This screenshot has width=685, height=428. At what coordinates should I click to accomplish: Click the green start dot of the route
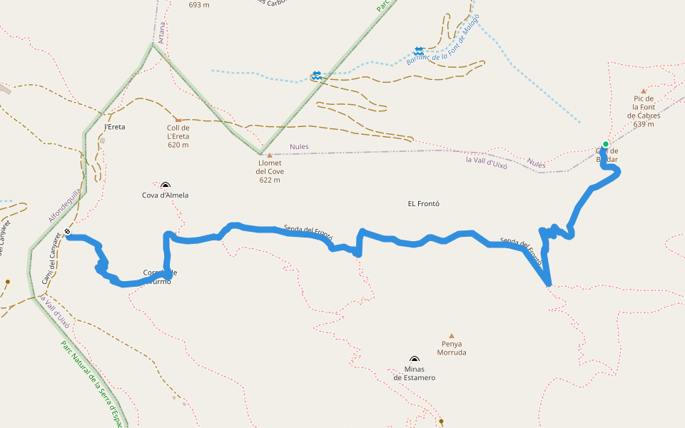(x=605, y=144)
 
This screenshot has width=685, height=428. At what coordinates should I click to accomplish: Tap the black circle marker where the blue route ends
(x=67, y=231)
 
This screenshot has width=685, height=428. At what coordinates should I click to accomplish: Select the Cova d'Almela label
(x=165, y=195)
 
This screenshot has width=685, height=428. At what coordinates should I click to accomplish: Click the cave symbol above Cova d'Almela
(x=166, y=185)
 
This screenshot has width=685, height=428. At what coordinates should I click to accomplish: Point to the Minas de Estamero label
(x=414, y=373)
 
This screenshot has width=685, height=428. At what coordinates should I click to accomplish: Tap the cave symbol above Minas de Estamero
(x=415, y=360)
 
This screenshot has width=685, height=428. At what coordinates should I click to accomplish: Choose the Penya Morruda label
(x=451, y=348)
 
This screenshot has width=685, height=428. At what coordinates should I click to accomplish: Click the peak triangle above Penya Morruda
(x=451, y=335)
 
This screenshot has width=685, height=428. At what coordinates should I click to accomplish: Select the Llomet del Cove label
(x=269, y=171)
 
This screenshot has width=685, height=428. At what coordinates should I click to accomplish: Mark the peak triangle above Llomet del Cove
(x=269, y=155)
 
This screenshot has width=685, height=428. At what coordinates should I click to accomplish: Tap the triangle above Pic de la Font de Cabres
(x=644, y=91)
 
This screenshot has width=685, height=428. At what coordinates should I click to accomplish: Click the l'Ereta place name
(x=115, y=127)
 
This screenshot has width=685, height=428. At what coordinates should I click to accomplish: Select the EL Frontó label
(x=423, y=203)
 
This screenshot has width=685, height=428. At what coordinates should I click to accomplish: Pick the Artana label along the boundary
(x=161, y=32)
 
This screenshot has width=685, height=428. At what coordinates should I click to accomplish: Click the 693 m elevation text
(x=199, y=5)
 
